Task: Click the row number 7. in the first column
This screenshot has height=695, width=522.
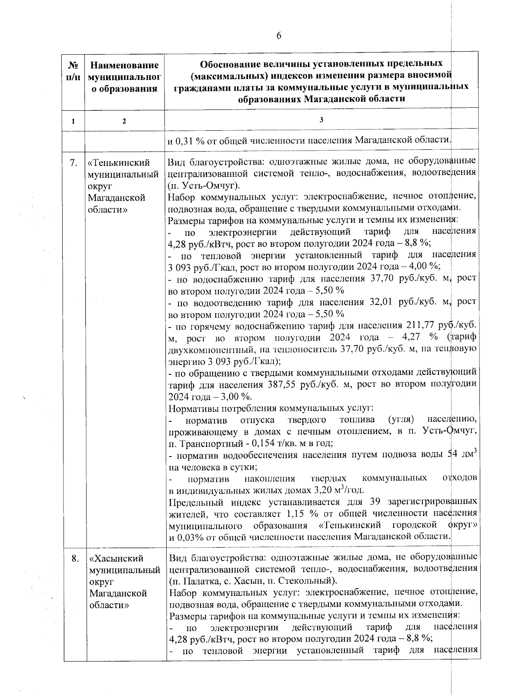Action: click(74, 163)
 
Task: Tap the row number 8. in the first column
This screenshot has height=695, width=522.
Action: click(74, 558)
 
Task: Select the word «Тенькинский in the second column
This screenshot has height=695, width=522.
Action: click(119, 163)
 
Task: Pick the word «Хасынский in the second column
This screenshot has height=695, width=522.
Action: click(117, 558)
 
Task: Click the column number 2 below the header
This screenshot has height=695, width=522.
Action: click(124, 122)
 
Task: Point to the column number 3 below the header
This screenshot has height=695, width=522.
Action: click(321, 120)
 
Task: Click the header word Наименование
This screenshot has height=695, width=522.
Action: click(124, 65)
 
